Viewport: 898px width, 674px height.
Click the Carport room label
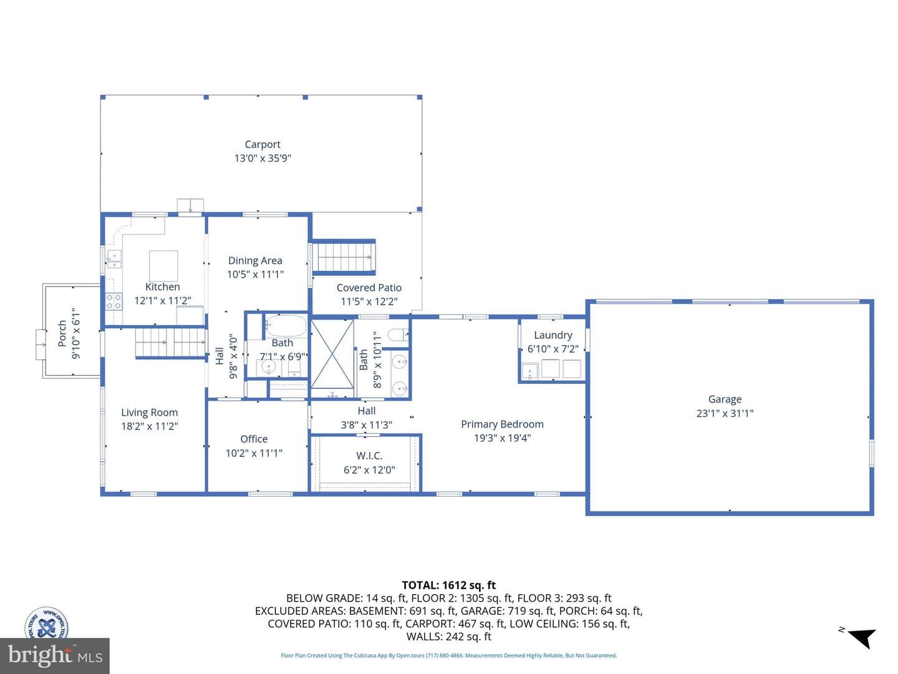click(x=263, y=144)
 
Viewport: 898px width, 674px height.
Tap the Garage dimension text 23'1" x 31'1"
click(x=725, y=413)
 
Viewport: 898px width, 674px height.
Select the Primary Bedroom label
click(x=502, y=424)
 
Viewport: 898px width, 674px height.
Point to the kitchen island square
click(x=163, y=266)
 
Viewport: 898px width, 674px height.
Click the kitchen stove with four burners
click(x=113, y=301)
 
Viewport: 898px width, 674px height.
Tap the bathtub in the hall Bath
click(x=286, y=325)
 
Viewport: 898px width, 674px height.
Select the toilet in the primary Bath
click(x=398, y=336)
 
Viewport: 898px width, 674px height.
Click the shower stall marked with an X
click(x=332, y=354)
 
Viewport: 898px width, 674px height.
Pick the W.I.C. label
click(x=369, y=456)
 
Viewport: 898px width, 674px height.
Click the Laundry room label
click(x=553, y=335)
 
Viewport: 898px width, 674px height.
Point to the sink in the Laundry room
click(x=529, y=371)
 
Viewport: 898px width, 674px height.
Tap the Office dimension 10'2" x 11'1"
click(x=254, y=453)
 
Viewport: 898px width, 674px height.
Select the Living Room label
click(x=149, y=413)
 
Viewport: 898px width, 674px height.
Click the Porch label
click(x=62, y=333)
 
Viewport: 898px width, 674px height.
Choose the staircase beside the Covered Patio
click(x=344, y=257)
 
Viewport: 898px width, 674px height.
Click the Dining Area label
click(x=255, y=261)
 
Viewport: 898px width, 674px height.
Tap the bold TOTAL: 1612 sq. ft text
click(x=448, y=585)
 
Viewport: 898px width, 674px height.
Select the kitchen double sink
click(x=114, y=259)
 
